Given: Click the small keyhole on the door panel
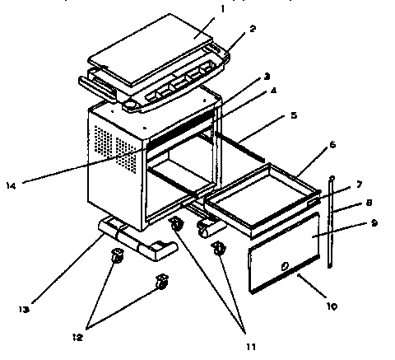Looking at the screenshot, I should [x=283, y=265].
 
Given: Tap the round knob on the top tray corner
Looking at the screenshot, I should [x=131, y=105].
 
